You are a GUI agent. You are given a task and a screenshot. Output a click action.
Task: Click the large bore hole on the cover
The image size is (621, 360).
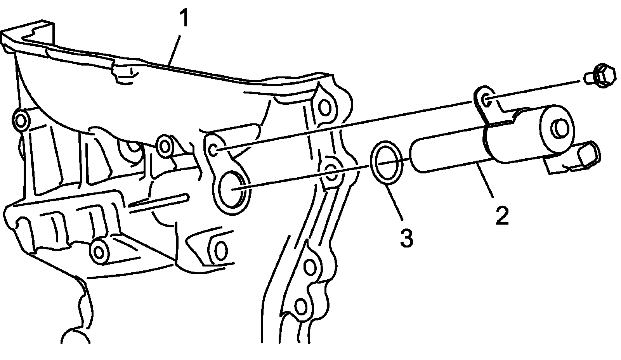tap(233, 189)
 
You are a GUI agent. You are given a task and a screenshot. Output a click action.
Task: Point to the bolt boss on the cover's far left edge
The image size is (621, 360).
tap(21, 120)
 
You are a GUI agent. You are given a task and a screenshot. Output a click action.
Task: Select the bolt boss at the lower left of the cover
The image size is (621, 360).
tap(100, 251)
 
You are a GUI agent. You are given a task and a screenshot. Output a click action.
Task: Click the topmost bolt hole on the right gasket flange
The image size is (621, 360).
tap(324, 106)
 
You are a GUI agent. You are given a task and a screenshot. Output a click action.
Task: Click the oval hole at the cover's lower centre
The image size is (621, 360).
tap(220, 251)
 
